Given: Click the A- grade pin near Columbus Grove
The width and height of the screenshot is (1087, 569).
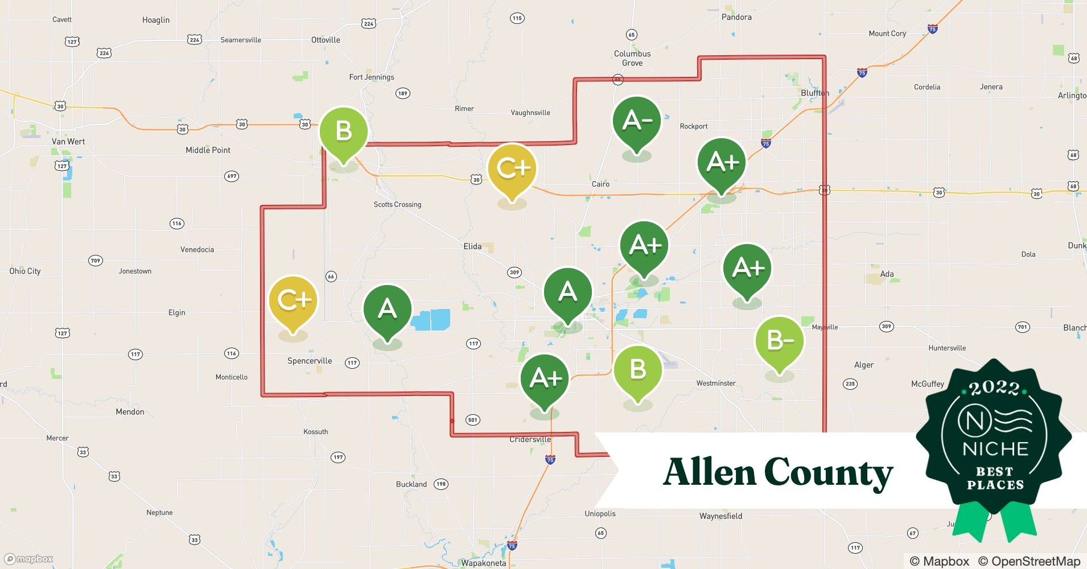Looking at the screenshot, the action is coord(636,121).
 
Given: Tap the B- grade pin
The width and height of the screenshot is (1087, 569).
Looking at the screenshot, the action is coord(779,341).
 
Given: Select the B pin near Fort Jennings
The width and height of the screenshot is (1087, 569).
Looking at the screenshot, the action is coord(343,131).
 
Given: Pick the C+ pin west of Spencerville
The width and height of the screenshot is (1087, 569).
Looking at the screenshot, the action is coord(293,300).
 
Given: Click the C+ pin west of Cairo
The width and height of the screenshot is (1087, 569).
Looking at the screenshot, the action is coord(512,168).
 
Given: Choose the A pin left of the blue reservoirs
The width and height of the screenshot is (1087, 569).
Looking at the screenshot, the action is coord(387,309).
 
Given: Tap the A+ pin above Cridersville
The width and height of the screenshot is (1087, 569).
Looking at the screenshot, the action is coord(545,378).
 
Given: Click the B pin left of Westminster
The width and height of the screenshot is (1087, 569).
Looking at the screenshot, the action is coord(637,370).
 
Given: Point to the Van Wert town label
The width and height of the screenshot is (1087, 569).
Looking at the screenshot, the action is coord(68,142).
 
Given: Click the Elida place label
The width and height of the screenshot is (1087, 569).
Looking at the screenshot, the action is coord(472,246).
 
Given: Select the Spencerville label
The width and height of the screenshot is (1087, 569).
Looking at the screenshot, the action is coord(309,361).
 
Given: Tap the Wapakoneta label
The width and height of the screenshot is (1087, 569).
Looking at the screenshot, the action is coord(483,563).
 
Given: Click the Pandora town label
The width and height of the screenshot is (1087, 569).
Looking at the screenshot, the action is coord(736,17).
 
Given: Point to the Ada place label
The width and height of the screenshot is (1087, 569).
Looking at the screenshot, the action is coord(887,274).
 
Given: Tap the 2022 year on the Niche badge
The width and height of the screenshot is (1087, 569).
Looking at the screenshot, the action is coord(994,388).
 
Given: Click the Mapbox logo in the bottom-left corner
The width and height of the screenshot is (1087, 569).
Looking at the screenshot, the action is coord(28,559).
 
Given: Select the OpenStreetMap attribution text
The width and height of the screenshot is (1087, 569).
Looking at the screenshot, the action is coord(1029,561).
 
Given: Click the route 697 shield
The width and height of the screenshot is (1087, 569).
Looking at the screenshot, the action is coord(232,176).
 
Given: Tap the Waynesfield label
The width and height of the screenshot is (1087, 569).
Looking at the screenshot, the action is coord(720,516).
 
